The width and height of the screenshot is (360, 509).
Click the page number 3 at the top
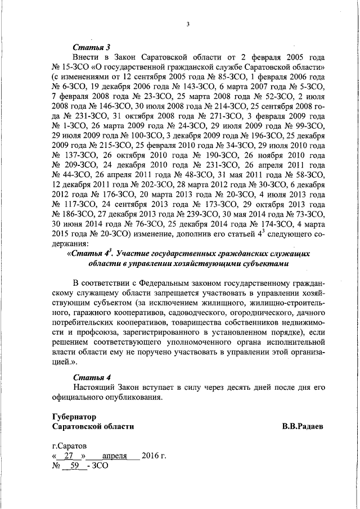[188, 23]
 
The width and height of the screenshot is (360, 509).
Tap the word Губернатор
[73, 417]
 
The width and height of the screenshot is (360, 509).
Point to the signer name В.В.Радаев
[303, 426]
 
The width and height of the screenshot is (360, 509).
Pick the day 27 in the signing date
[70, 456]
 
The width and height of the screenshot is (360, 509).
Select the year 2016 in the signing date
[151, 456]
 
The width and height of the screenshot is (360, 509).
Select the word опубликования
[136, 397]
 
